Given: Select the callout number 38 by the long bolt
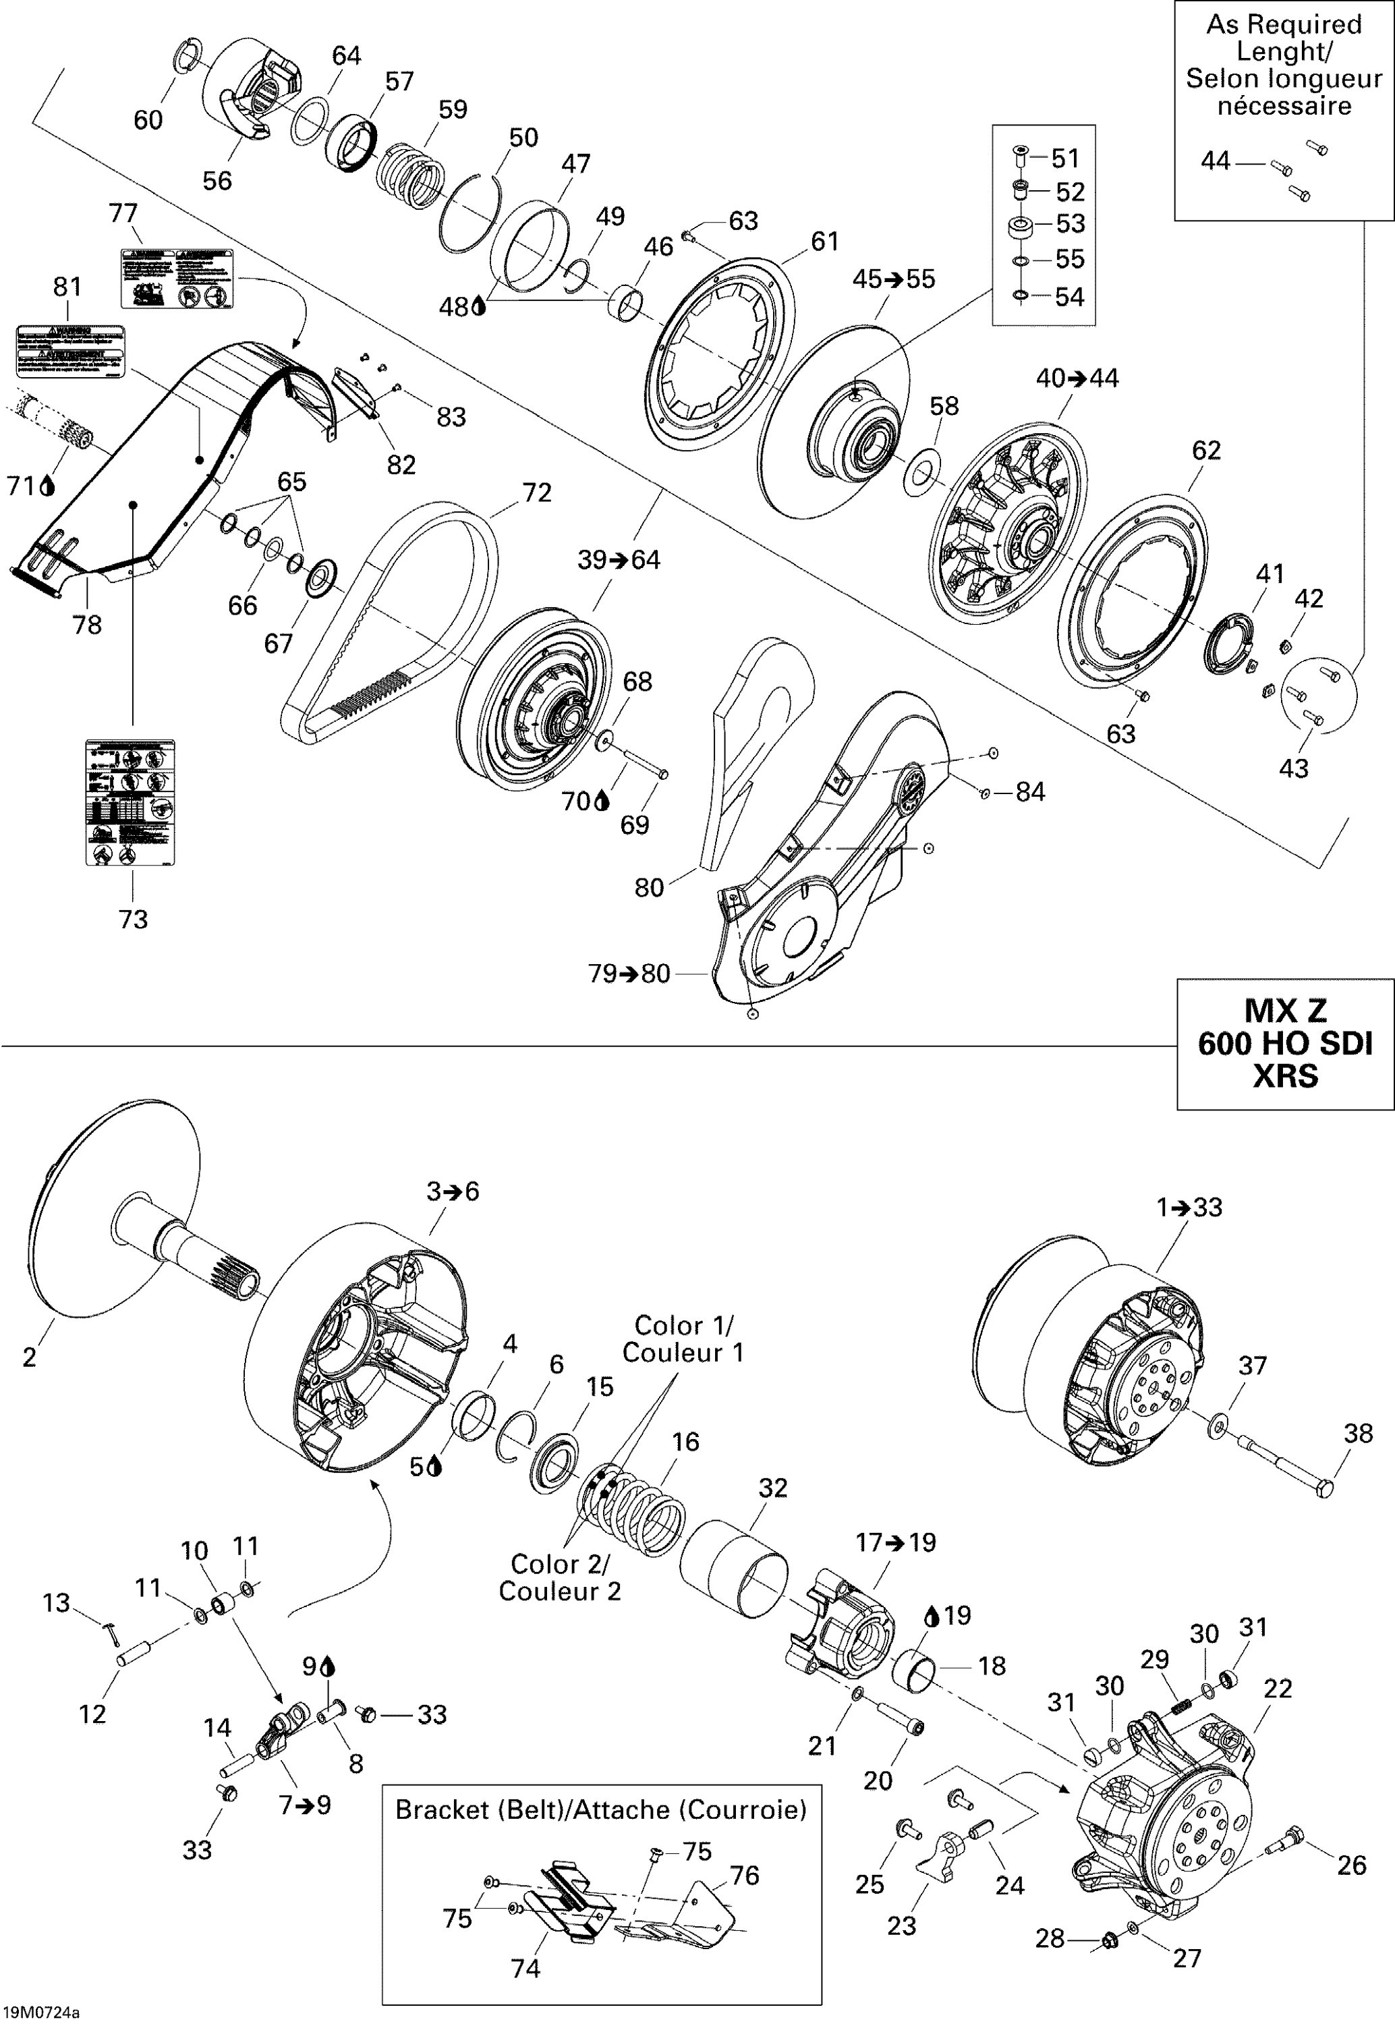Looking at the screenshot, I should tap(1357, 1433).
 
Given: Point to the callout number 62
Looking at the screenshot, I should tap(1206, 450).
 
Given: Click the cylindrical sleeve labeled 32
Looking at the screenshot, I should tap(734, 1568).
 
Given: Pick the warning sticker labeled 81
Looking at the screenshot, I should tap(71, 350).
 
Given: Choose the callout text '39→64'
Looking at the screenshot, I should tap(619, 559).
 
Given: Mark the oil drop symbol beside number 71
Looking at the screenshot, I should tap(47, 486).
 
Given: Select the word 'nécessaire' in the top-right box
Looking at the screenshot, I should tap(1284, 107).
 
